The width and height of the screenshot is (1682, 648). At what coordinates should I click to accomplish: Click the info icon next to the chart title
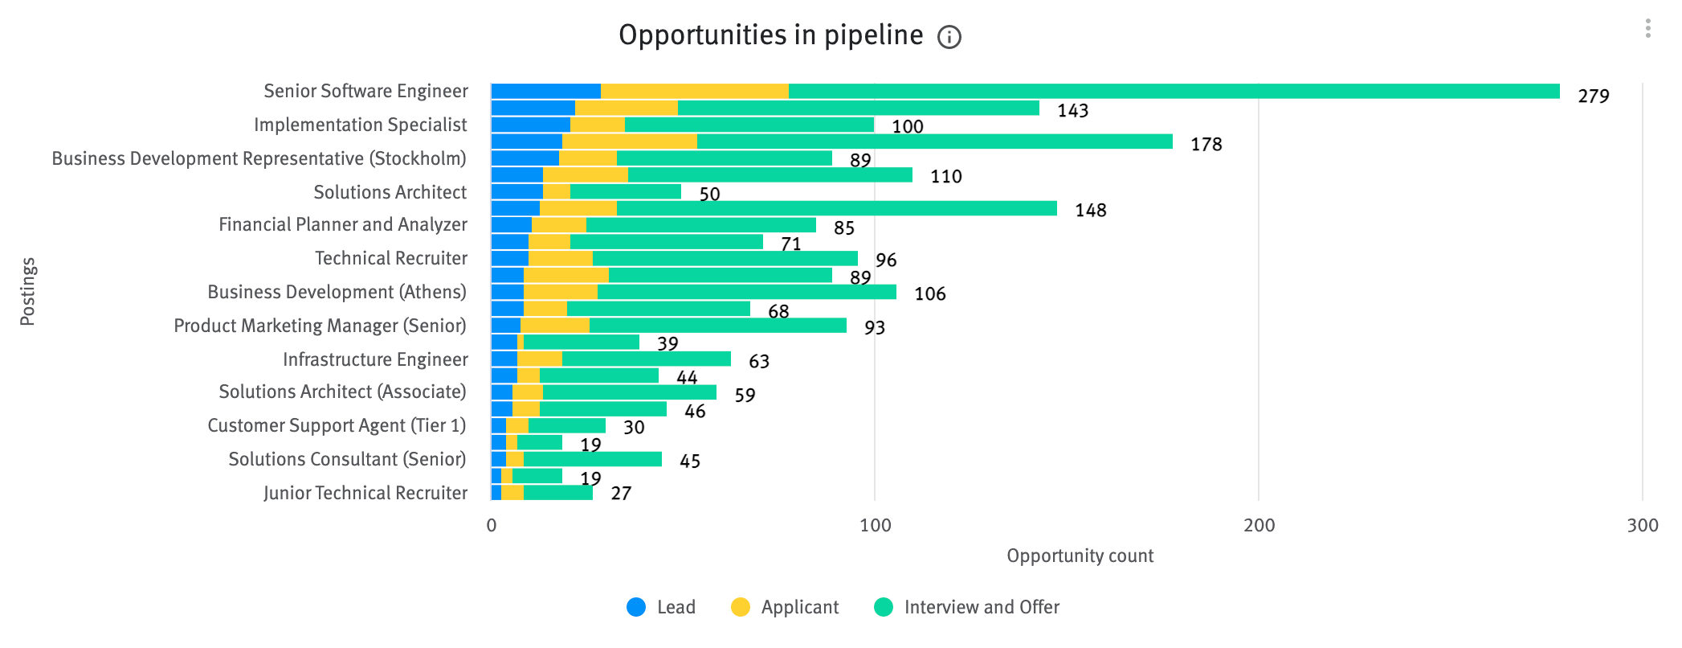tap(949, 37)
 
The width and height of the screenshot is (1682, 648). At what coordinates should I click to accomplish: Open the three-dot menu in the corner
tap(1647, 29)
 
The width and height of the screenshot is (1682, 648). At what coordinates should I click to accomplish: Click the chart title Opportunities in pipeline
tap(770, 35)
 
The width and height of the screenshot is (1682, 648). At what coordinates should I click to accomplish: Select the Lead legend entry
tap(661, 607)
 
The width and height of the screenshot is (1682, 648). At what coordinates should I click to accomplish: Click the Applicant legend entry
tap(785, 607)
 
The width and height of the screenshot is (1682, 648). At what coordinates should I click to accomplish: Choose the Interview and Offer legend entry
tap(966, 607)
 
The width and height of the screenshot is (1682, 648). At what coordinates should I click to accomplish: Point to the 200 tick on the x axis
tap(1259, 525)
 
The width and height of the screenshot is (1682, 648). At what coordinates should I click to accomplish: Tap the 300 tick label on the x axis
tap(1642, 525)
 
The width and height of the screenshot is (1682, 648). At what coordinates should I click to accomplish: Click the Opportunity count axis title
tap(1080, 556)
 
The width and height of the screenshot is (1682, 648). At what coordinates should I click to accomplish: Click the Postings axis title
tap(27, 291)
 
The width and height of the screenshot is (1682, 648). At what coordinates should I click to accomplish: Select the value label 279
tap(1593, 96)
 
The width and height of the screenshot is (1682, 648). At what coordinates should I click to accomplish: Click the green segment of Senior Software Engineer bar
tap(1173, 92)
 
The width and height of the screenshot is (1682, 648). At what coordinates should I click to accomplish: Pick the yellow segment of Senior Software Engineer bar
tap(695, 92)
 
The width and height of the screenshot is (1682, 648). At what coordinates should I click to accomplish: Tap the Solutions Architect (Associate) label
tap(342, 392)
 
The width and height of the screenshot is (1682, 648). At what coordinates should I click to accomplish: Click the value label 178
tap(1206, 145)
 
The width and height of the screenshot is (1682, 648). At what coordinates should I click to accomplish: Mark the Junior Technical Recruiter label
tap(365, 493)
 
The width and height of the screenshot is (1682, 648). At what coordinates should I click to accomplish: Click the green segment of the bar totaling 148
tap(835, 209)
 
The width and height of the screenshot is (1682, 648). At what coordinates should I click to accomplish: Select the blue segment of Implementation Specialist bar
tap(530, 125)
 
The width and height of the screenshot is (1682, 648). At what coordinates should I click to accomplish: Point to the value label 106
tap(929, 294)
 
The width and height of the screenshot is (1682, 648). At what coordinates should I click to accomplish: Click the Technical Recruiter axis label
tap(390, 258)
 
